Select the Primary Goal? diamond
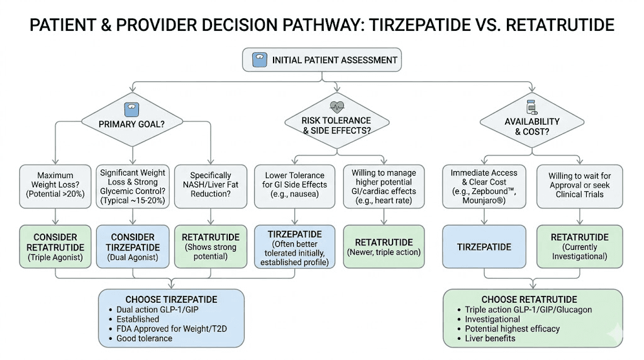pos(132,123)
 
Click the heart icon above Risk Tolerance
pos(336,106)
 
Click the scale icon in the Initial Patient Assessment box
pos(258,60)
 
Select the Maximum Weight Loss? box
pos(55,186)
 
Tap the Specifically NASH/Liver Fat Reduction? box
pos(211,186)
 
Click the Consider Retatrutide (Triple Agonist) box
pos(55,247)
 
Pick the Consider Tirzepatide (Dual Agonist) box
pos(133,247)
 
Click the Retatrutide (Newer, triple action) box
pos(383,247)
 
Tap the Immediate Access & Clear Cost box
pos(484,186)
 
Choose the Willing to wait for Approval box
pos(579,186)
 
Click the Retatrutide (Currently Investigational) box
pos(579,247)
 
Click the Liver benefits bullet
pos(490,338)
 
